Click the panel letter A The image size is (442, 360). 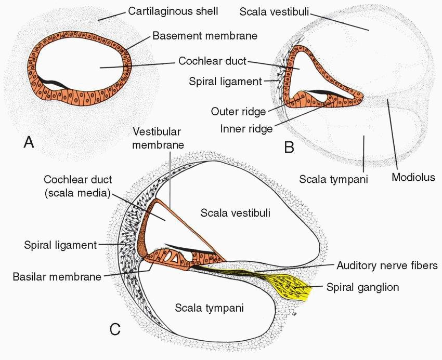click(29, 142)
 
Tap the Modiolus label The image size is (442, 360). click(413, 178)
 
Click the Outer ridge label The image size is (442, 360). click(238, 112)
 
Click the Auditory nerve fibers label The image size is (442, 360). click(387, 266)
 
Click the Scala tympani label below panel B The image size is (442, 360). click(334, 180)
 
